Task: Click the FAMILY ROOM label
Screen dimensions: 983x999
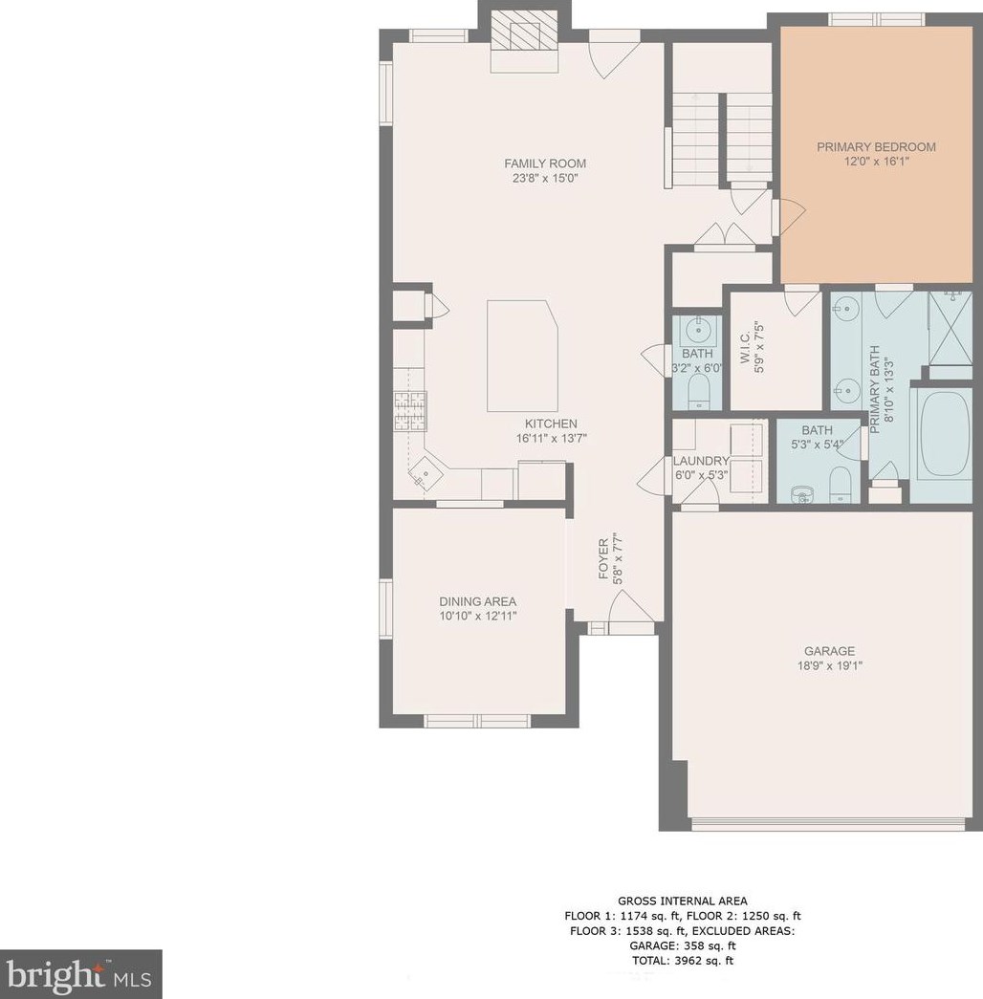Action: (x=545, y=163)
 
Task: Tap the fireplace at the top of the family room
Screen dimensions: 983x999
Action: (x=524, y=42)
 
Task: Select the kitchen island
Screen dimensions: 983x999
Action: (x=522, y=357)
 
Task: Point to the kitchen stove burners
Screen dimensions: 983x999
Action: (x=410, y=412)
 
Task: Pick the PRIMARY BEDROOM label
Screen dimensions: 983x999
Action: (x=877, y=147)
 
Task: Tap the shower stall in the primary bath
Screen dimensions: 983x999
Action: (x=950, y=327)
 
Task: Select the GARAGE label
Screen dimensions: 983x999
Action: (x=829, y=651)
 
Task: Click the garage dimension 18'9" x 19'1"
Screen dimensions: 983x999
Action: (x=829, y=666)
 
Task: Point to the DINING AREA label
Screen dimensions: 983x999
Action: (x=477, y=601)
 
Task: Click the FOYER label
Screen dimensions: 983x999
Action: (x=603, y=559)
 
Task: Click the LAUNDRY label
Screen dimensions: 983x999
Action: (x=701, y=461)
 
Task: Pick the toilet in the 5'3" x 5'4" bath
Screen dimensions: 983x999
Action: (x=841, y=485)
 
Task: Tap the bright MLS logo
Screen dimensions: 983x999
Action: (x=80, y=974)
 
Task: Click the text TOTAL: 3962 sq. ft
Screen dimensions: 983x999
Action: (x=682, y=960)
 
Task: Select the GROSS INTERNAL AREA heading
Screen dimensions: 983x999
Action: (x=682, y=901)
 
